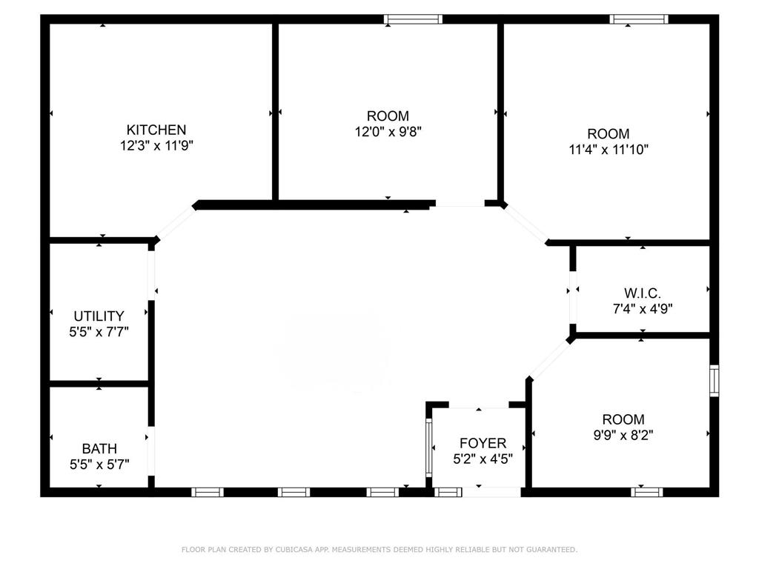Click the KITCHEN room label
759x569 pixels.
[156, 130]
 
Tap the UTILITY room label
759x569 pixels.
[99, 316]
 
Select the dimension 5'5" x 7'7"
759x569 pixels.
[99, 332]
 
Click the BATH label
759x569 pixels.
[99, 449]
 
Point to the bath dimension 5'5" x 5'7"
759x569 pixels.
[99, 465]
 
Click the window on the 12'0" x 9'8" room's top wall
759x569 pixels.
[413, 19]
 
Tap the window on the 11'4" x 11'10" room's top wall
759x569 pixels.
[639, 19]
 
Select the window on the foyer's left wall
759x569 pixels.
[428, 448]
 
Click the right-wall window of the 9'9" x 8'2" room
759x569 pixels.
[714, 380]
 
